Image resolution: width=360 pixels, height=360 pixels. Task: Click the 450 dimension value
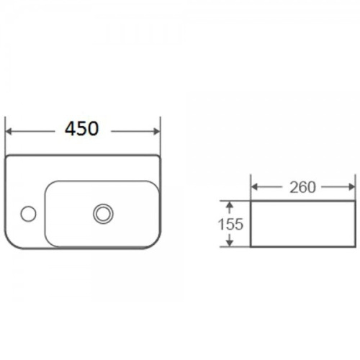click(x=81, y=129)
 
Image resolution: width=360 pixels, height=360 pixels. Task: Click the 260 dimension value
click(x=302, y=187)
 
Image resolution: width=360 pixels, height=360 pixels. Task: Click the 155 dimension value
click(x=230, y=225)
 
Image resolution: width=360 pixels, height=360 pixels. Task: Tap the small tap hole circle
click(x=28, y=214)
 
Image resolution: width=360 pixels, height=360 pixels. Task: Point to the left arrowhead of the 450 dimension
click(x=9, y=132)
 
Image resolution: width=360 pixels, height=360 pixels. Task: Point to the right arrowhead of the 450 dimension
click(x=156, y=132)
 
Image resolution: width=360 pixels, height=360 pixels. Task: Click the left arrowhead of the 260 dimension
click(x=254, y=187)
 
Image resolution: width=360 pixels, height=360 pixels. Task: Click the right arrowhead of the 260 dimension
click(x=352, y=187)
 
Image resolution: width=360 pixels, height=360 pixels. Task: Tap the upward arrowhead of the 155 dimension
click(x=230, y=204)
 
